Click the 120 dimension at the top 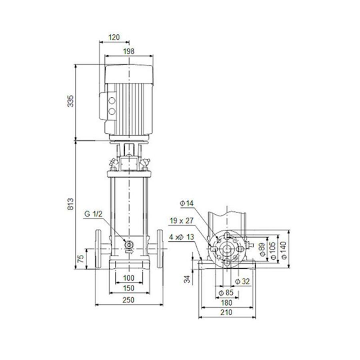click(x=114, y=38)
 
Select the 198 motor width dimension click(x=129, y=51)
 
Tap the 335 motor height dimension click(x=70, y=102)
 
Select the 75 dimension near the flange click(x=80, y=258)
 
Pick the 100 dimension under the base click(x=128, y=278)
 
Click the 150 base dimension click(x=128, y=288)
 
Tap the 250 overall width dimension click(x=128, y=300)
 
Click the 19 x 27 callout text click(x=182, y=220)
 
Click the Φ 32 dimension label click(x=242, y=282)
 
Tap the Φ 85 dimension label click(x=227, y=293)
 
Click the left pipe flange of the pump click(x=99, y=248)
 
